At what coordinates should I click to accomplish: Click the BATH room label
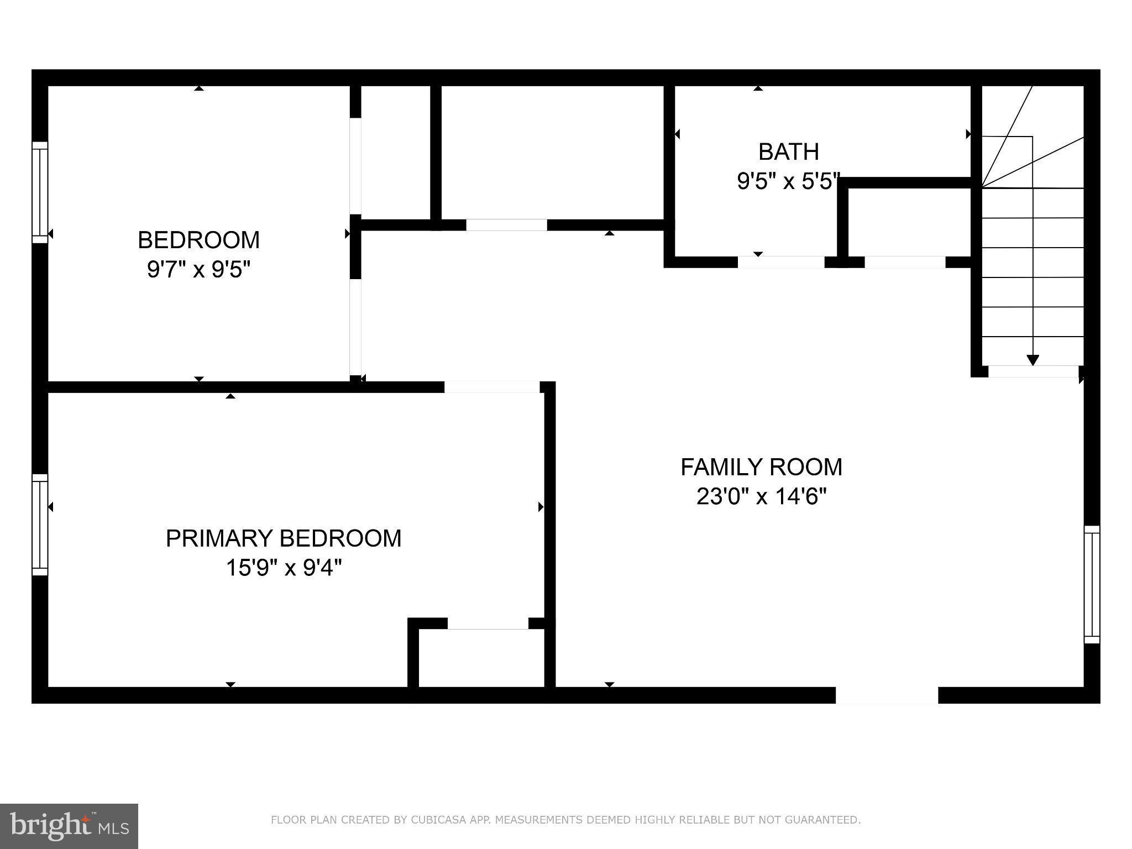788,151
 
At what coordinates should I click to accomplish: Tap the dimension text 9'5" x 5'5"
788,181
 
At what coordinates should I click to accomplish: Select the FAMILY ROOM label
761,467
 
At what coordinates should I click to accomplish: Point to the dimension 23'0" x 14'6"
761,496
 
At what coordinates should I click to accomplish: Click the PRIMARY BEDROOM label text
284,538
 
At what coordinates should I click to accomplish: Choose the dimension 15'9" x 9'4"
284,568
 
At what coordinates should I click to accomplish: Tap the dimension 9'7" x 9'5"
198,270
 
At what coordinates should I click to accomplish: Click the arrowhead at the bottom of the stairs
1033,360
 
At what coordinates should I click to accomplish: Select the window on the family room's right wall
1092,584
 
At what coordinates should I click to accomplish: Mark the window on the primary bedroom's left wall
40,525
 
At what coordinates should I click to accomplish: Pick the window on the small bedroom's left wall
40,192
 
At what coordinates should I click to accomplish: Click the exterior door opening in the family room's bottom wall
887,695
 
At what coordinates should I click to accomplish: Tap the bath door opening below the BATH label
781,262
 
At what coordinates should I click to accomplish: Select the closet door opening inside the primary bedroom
488,623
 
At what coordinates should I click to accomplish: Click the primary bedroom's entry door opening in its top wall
492,387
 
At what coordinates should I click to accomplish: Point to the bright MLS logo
69,826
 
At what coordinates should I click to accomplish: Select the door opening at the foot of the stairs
1033,371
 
